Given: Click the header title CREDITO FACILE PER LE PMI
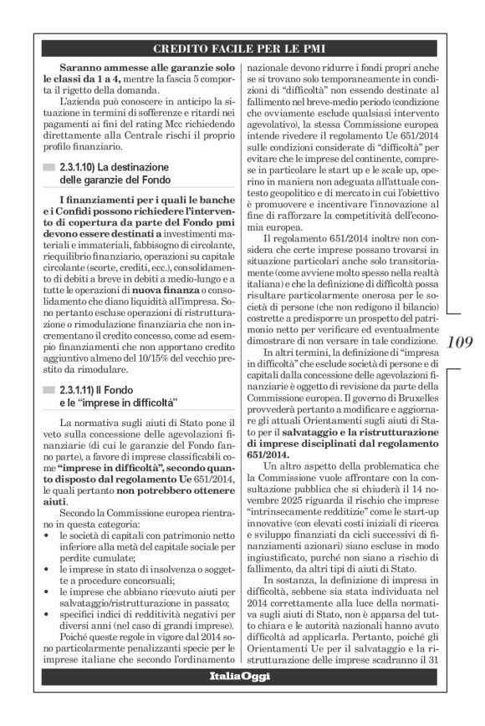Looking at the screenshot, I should tap(242, 48).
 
